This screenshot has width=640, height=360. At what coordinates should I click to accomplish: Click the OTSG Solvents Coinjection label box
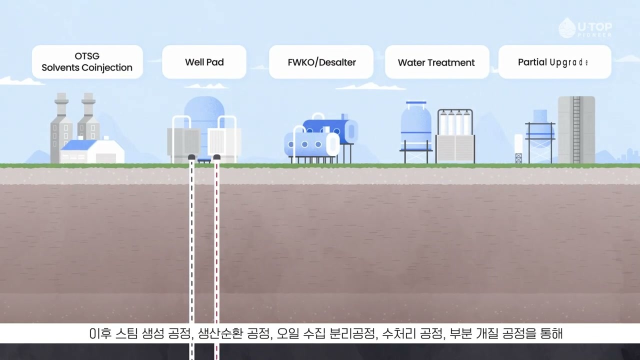[87, 61]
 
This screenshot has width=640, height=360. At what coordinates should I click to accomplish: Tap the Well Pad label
[204, 61]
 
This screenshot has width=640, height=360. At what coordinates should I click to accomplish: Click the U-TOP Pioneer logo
[585, 28]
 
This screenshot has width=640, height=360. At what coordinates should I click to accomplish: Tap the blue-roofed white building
[92, 151]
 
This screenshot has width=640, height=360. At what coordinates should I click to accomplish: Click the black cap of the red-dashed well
[217, 157]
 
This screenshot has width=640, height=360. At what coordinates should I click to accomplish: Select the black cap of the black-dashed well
[191, 157]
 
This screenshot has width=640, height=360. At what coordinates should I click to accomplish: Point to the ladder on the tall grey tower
[576, 130]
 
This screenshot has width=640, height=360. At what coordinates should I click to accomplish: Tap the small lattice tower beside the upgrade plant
[518, 158]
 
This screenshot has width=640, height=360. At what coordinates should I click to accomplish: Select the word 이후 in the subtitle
[100, 333]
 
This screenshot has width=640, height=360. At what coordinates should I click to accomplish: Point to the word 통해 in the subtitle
[551, 333]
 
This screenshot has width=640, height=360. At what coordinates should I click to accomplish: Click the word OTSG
[87, 56]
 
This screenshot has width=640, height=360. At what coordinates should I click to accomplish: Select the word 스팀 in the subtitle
[126, 333]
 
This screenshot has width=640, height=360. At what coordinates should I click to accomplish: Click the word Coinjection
[107, 67]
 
